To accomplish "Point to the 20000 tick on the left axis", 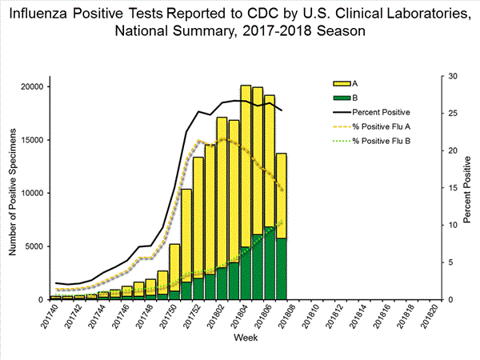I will [x=34, y=86].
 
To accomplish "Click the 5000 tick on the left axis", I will [x=36, y=246].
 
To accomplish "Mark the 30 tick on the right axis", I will [x=453, y=76].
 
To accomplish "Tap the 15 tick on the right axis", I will [x=453, y=188].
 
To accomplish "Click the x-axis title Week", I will [x=245, y=339].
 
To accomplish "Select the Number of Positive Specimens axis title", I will [x=14, y=189].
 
